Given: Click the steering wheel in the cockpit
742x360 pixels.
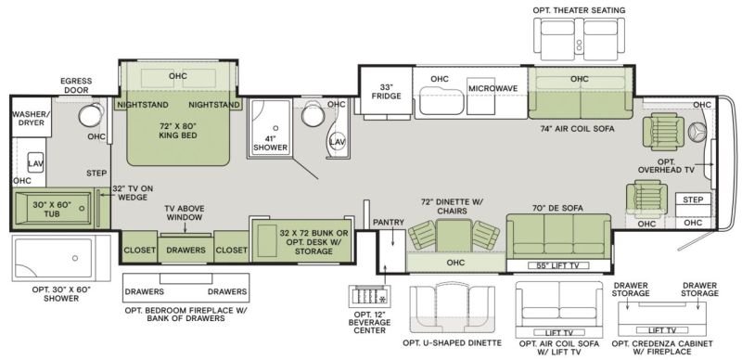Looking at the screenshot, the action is (x=698, y=130).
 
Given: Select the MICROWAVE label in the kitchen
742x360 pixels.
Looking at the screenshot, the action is (x=493, y=88).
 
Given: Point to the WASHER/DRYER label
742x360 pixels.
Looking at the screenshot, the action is (x=29, y=119).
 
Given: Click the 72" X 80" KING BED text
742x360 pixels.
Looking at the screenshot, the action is (x=177, y=130).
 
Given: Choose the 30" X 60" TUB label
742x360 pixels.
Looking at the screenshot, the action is (x=52, y=210).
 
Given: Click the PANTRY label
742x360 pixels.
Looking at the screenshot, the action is (x=389, y=222).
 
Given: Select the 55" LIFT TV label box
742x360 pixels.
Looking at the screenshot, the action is (x=558, y=265).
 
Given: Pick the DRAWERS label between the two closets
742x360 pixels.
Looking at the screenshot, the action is (x=186, y=250).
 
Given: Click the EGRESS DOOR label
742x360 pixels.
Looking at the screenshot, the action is (x=76, y=85).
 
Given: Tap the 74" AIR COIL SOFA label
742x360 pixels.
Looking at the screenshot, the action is (x=577, y=128).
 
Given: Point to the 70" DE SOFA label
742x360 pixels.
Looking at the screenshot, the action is (x=558, y=208).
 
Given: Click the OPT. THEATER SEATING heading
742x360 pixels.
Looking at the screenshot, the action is (x=579, y=10).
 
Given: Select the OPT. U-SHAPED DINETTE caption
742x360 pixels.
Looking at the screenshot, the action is (x=452, y=343).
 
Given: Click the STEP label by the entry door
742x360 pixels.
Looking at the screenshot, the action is (x=693, y=199).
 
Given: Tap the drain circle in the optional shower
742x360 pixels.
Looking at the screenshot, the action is (x=75, y=258).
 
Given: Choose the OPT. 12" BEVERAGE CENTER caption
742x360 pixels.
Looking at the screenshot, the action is (x=369, y=322).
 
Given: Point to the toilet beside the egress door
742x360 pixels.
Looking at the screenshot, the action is (x=90, y=115).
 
